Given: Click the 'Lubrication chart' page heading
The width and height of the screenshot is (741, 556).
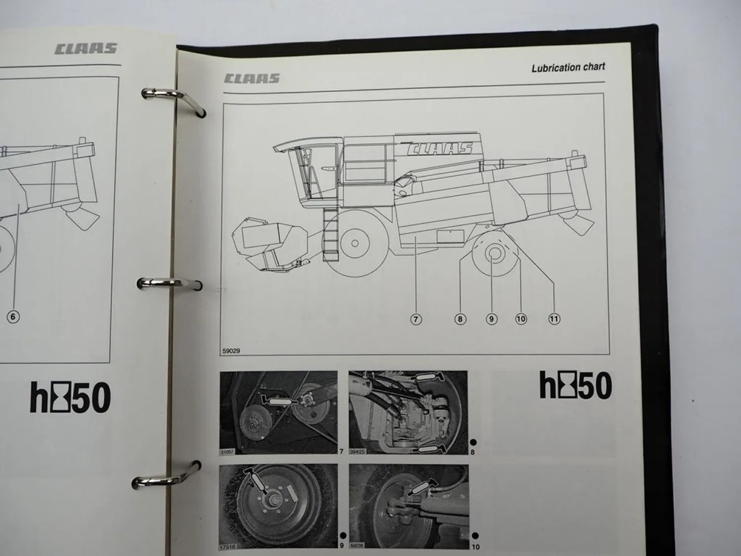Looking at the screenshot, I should pos(568,68).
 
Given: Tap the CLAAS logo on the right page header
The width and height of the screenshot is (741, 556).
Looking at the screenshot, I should pos(252,78).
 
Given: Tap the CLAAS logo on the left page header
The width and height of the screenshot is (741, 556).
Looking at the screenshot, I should pos(85,48).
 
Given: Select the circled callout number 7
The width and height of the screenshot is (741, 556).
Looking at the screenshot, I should pos(416,319).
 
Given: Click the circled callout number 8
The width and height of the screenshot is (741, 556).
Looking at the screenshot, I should pos(460,319).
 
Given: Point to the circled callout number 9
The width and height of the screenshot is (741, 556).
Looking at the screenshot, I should pos(491,319).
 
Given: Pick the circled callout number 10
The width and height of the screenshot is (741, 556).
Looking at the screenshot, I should pos(521,319).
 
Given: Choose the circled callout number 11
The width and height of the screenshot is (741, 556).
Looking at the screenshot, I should pos(554,319).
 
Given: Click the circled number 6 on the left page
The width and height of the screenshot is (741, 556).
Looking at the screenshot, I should pos(13,317).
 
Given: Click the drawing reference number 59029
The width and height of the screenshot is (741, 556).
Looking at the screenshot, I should pos(231,351).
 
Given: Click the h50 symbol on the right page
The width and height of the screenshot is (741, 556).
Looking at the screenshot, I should pos(576,386).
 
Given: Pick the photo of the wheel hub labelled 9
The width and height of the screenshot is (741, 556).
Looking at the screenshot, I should pos(279,507).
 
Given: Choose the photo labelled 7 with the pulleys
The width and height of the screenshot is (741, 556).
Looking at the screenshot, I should pos(279,413).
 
